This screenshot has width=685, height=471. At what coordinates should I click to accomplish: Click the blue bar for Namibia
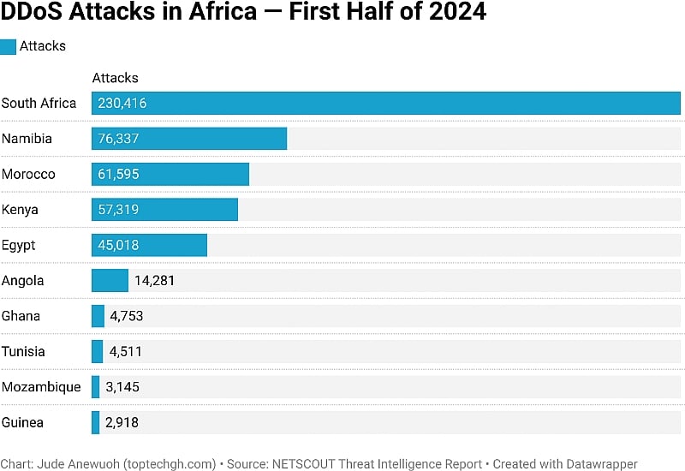[189, 139]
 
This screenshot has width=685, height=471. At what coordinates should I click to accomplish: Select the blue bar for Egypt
[149, 245]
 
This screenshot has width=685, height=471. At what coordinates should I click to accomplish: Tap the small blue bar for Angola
[110, 280]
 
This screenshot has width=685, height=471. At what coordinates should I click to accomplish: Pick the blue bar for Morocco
[170, 174]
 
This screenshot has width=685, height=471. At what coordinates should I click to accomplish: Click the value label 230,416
[122, 104]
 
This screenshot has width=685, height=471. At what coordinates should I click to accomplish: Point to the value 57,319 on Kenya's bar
[118, 210]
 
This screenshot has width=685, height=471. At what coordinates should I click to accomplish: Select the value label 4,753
[126, 316]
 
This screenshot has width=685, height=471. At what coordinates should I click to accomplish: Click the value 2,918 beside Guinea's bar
[122, 422]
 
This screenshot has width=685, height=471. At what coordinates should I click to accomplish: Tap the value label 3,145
[122, 387]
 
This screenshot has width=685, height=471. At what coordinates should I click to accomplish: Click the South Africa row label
[39, 104]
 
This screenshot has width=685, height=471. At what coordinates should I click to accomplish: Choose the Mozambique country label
[41, 387]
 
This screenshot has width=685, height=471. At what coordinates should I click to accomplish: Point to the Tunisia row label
[23, 351]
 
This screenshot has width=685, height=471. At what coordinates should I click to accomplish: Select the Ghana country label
[21, 316]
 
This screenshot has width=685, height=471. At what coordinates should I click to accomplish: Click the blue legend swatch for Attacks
[9, 46]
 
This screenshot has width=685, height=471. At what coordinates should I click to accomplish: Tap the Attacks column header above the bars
[115, 78]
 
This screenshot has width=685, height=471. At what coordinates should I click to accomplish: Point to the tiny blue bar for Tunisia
[98, 351]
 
